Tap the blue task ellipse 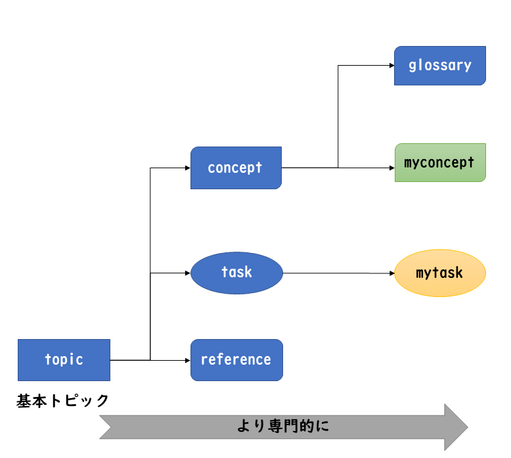pos(236,272)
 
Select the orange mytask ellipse pos(439,273)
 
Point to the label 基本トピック pos(63,400)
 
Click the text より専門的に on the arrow pos(282,426)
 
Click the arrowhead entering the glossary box pos(391,66)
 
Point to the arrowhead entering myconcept pos(391,168)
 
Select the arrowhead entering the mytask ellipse pos(391,273)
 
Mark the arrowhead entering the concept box pos(187,168)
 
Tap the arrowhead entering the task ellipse pos(187,272)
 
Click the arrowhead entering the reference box pos(187,360)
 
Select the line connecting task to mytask pos(335,273)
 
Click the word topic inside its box pos(64,359)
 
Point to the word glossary pos(440,66)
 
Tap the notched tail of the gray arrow pos(105,427)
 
